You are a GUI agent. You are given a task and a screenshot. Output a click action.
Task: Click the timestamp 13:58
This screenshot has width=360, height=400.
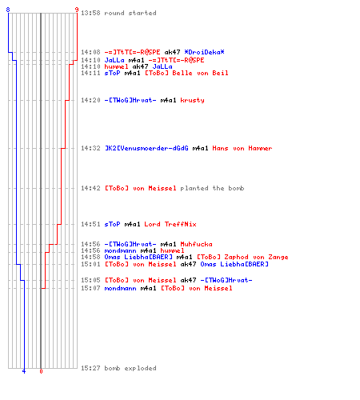click(x=90, y=13)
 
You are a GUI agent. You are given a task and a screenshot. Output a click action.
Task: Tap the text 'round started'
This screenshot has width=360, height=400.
click(x=130, y=13)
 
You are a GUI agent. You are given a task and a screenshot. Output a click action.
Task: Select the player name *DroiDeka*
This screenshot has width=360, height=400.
click(x=204, y=52)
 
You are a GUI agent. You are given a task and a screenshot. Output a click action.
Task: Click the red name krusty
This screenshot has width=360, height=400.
click(x=192, y=100)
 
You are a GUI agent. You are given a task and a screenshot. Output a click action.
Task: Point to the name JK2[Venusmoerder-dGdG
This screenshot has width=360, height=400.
click(x=146, y=148)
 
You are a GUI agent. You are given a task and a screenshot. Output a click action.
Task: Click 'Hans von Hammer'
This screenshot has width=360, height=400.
click(x=242, y=148)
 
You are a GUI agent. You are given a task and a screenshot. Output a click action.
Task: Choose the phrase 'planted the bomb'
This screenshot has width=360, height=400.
click(x=212, y=188)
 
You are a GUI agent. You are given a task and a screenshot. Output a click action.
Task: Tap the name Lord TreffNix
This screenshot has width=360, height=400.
click(x=170, y=224)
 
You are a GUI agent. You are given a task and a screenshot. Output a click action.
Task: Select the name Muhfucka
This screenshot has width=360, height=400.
click(x=196, y=244)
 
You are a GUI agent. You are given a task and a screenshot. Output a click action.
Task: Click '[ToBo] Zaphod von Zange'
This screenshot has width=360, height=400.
click(x=242, y=257)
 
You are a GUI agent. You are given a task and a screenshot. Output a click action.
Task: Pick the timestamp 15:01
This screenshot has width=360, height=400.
click(x=90, y=264)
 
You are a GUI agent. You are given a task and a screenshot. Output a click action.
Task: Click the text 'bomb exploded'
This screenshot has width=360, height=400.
click(x=130, y=368)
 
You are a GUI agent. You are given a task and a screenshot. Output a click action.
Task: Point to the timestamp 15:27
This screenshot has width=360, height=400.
click(x=90, y=368)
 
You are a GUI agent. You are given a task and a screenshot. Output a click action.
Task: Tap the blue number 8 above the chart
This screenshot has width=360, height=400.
click(x=8, y=10)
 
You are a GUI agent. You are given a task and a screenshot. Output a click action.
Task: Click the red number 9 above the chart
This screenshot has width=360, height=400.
click(x=77, y=10)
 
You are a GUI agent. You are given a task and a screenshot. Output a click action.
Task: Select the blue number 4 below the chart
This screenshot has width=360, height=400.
click(x=24, y=371)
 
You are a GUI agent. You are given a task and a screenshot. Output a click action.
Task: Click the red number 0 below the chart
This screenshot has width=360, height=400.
click(x=41, y=371)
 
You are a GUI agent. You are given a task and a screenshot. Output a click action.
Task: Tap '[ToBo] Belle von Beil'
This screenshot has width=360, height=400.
click(x=186, y=73)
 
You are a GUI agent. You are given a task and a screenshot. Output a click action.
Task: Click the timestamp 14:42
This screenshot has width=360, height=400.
click(x=90, y=188)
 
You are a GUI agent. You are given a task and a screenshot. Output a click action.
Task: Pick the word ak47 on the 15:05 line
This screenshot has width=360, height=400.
click(x=188, y=280)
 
